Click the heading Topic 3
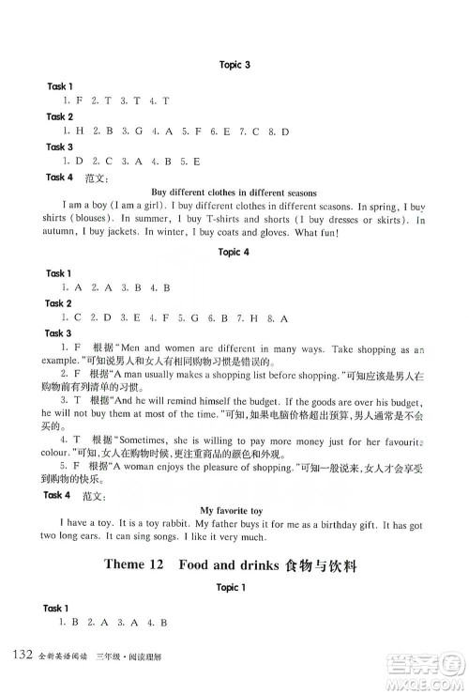234,65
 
